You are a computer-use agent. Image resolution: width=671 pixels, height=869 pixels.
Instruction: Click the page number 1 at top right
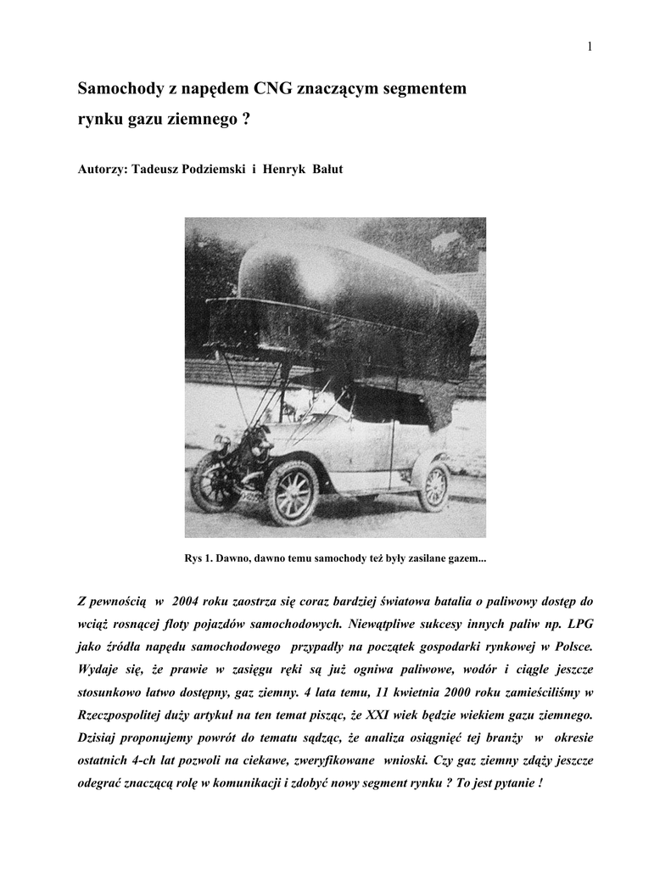pyautogui.click(x=588, y=46)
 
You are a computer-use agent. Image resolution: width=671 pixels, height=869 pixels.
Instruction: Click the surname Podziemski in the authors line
pyautogui.click(x=206, y=169)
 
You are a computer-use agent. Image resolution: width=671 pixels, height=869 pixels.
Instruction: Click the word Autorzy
pyautogui.click(x=100, y=169)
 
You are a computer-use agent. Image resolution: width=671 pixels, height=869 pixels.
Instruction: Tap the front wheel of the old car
pyautogui.click(x=291, y=491)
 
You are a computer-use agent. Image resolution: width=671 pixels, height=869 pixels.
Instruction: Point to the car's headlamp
pyautogui.click(x=221, y=442)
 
